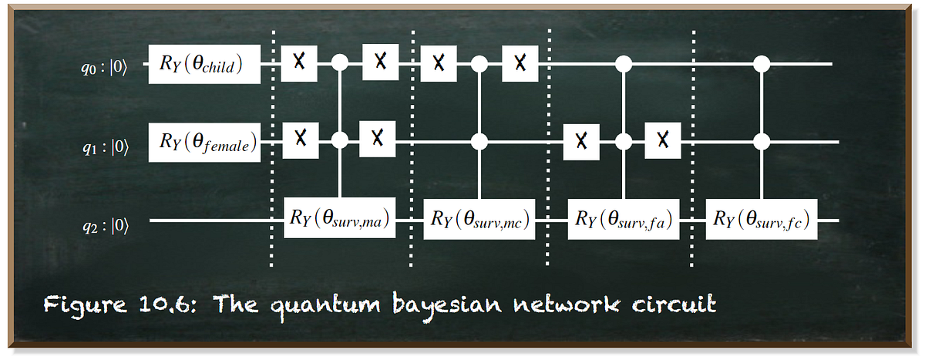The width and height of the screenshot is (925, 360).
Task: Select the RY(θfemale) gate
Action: tap(203, 142)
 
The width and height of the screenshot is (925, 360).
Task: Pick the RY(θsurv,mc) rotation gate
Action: tap(481, 219)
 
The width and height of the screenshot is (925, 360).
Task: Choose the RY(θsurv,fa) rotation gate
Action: tap(623, 219)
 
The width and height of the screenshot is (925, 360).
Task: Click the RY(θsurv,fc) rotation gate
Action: tap(762, 219)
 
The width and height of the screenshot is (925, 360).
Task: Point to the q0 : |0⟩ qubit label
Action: tap(106, 67)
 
